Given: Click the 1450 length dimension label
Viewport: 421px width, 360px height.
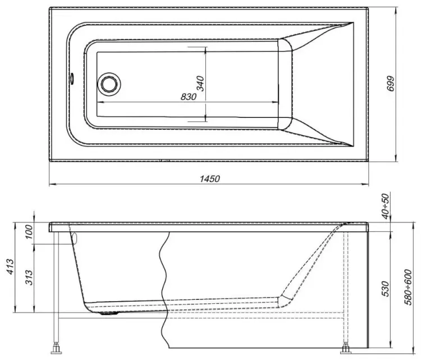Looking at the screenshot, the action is point(210,179).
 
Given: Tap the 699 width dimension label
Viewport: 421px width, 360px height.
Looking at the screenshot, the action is point(391,84).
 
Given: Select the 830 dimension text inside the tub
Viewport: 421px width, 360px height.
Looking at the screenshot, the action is point(189,97).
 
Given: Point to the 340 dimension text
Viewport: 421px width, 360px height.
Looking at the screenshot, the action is point(201,84).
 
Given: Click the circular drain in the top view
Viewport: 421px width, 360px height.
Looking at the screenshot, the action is point(109,84).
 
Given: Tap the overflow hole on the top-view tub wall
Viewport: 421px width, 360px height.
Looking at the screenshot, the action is point(72,78).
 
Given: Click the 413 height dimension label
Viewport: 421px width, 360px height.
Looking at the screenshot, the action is point(11,266).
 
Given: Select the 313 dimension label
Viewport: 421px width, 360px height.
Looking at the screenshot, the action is point(29,277).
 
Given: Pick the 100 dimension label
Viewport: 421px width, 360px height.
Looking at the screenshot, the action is point(29,231).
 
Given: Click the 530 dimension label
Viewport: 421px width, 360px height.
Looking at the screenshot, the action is point(386,289).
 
